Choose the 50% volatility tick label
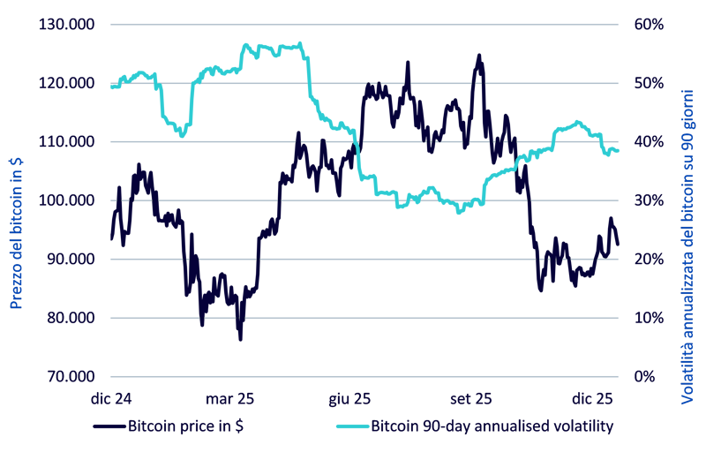tap(649, 83)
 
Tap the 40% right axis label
tap(649, 141)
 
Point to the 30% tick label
tap(649, 200)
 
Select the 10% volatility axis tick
tap(649, 318)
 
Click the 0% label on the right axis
tap(645, 377)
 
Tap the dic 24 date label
tap(111, 397)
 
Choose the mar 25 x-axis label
tap(232, 397)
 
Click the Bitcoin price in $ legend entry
tap(186, 426)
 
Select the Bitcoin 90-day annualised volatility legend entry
tap(491, 426)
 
